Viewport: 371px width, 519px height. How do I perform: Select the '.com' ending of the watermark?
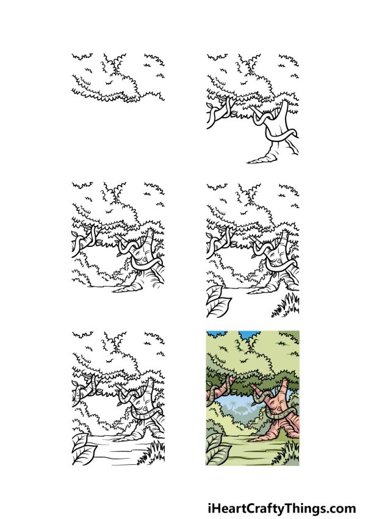coord(341,508)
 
